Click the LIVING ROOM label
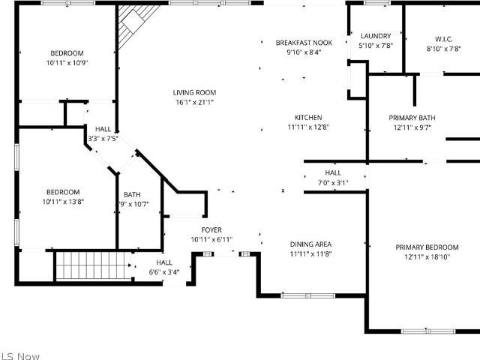[x=194, y=92]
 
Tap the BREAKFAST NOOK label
[x=304, y=43]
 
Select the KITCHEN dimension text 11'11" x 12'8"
[x=308, y=127]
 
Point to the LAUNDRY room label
[x=376, y=36]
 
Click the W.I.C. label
[x=443, y=39]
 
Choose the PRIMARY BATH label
[x=412, y=118]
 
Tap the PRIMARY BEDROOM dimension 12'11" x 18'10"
[x=427, y=256]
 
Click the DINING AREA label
[x=310, y=244]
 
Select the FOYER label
[x=211, y=230]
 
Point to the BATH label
[x=132, y=195]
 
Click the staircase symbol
[x=93, y=265]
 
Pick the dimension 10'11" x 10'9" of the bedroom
[x=67, y=63]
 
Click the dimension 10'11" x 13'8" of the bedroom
[x=63, y=202]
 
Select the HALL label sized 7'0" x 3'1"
[x=333, y=172]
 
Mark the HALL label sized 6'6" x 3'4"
[x=164, y=262]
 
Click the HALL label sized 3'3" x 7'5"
[x=103, y=129]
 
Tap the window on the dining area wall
[x=308, y=295]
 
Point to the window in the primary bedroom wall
[x=428, y=331]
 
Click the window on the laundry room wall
[x=376, y=3]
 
